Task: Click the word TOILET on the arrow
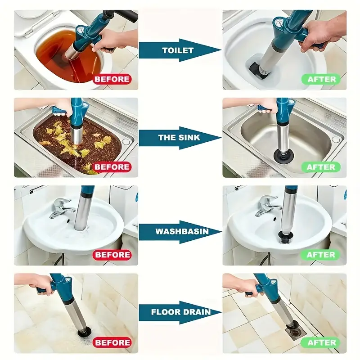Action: (178, 50)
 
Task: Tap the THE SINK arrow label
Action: (179, 138)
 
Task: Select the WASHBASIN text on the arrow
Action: (182, 231)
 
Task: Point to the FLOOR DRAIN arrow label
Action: (181, 312)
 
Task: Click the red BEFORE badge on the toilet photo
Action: (112, 79)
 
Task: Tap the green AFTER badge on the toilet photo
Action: (321, 79)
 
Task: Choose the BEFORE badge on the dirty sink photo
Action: (112, 167)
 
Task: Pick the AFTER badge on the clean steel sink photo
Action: (321, 167)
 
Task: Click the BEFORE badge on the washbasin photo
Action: (112, 255)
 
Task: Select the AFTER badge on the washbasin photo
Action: (321, 255)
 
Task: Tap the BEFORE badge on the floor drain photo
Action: (112, 342)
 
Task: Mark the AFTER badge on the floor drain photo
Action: (321, 342)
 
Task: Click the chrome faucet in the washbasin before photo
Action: (61, 208)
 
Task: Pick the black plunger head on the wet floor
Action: (85, 331)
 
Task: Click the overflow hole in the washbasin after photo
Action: (274, 219)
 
